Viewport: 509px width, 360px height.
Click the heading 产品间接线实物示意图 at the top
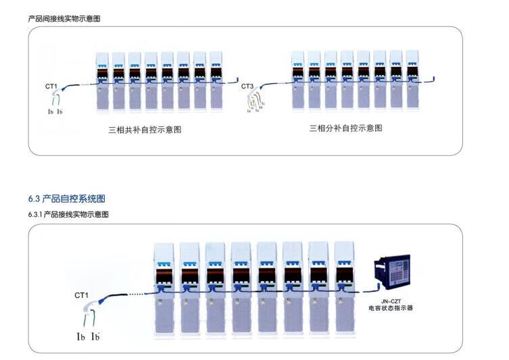point(64,19)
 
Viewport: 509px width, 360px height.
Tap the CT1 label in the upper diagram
point(51,86)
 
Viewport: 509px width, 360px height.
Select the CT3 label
point(247,86)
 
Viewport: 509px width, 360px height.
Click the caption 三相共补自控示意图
point(145,129)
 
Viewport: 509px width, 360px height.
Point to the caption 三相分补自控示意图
point(345,128)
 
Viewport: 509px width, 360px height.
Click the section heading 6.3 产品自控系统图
point(66,199)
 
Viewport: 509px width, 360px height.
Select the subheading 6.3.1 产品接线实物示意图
point(68,214)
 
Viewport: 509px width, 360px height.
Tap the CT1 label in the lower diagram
point(82,295)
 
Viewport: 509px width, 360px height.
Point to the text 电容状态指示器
point(391,307)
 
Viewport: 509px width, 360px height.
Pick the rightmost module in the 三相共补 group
point(216,80)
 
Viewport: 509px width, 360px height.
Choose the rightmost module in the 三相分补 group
point(412,80)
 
